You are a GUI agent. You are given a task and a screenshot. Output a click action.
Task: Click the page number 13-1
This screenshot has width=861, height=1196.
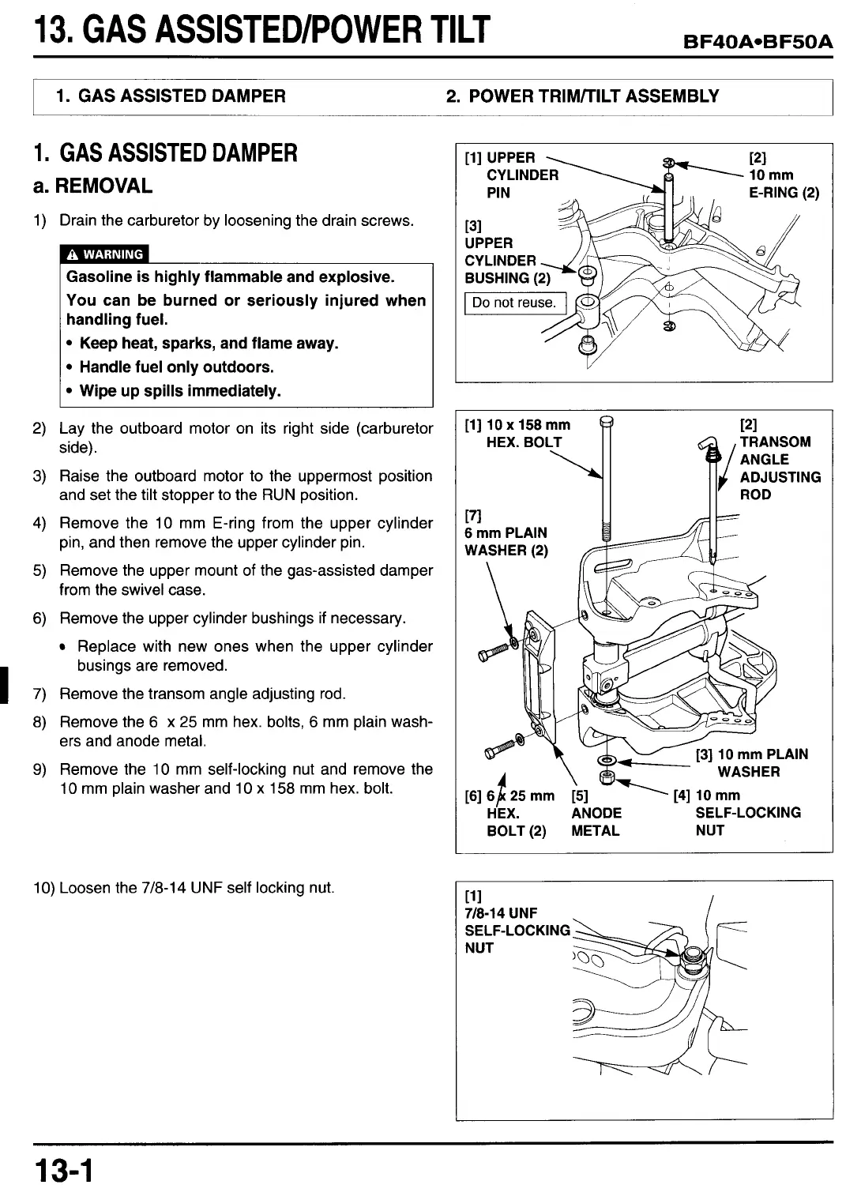click(x=63, y=1170)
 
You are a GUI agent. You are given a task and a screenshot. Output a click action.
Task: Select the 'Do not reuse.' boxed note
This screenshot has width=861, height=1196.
click(x=513, y=303)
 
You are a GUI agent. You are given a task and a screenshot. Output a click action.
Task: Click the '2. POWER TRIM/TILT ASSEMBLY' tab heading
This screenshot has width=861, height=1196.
click(x=582, y=96)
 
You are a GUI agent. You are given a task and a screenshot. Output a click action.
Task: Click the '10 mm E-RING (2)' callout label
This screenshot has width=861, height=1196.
click(x=783, y=175)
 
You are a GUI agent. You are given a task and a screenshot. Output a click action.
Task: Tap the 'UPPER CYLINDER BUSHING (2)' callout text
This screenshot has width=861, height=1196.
click(x=507, y=261)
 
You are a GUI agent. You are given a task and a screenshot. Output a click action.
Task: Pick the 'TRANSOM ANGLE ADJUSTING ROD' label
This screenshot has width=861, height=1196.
click(x=779, y=468)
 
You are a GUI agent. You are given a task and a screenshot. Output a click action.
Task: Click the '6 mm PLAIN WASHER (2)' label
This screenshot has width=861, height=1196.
click(x=506, y=542)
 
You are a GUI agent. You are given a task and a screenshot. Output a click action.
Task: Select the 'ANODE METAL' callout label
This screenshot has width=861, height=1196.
click(x=596, y=822)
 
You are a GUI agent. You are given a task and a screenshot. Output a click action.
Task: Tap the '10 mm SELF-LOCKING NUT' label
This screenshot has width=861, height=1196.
click(x=746, y=813)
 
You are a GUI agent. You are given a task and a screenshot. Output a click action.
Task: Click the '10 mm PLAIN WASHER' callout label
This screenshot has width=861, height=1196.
click(x=753, y=763)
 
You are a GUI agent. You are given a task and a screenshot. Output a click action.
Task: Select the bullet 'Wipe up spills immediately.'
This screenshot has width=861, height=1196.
click(x=180, y=391)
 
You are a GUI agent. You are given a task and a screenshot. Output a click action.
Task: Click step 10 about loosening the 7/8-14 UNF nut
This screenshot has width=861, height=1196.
click(x=184, y=888)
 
